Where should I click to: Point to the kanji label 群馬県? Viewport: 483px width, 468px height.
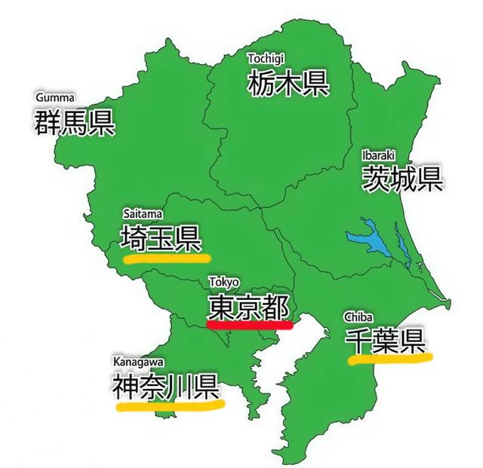coord(74,122)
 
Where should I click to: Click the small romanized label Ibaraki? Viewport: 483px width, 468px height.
coord(377,154)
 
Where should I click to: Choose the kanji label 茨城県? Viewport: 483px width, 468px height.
coord(401,179)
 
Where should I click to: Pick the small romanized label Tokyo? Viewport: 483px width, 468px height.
coord(224,283)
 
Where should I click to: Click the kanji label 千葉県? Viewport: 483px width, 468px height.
coord(385,341)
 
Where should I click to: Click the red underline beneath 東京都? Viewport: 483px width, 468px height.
coord(249,326)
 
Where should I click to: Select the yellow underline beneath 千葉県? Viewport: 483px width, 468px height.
coord(390,358)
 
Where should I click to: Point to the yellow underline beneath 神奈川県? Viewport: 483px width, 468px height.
coord(171,405)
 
